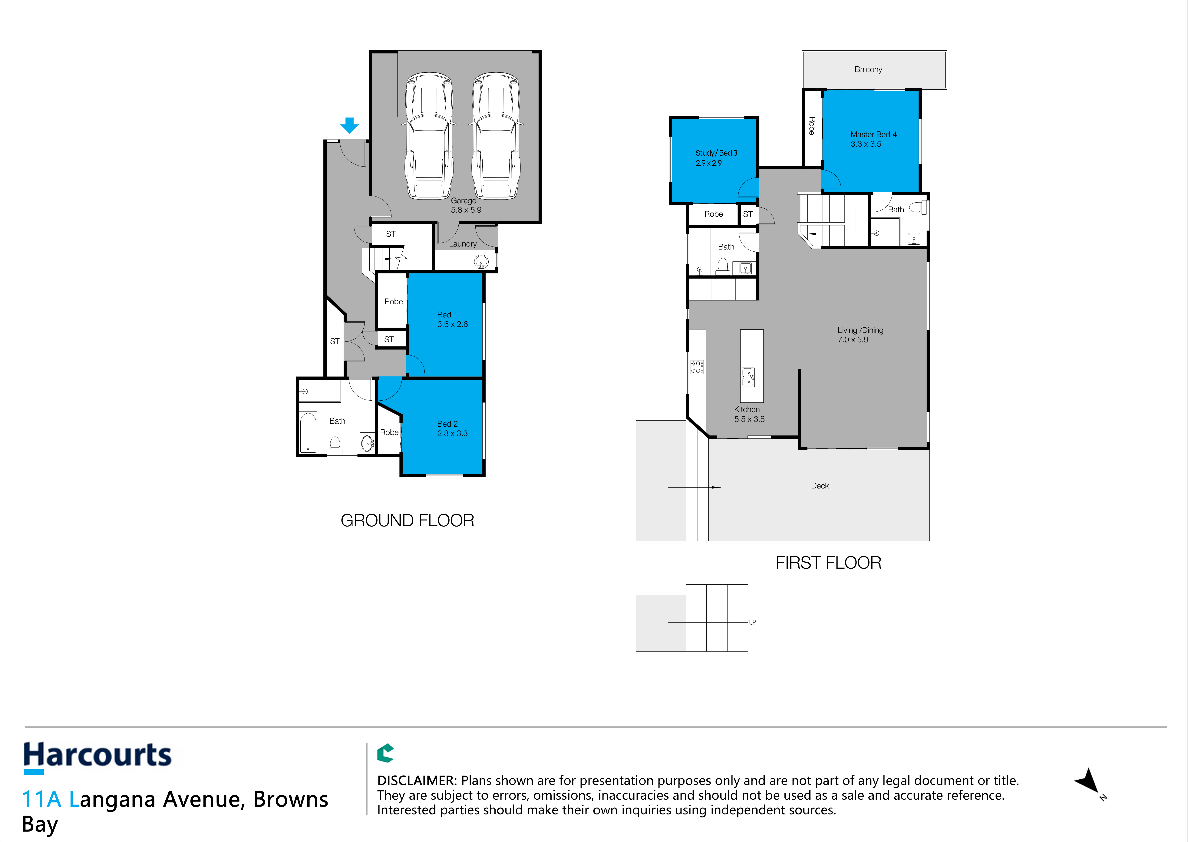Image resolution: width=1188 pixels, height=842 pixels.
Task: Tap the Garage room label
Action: tap(463, 201)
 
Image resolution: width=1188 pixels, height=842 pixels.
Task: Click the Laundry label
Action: tap(463, 244)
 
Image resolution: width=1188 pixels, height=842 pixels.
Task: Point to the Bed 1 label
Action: tap(447, 315)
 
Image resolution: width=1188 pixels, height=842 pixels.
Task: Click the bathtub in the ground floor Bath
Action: tap(308, 432)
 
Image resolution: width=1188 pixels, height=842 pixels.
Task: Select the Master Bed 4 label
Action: tap(873, 134)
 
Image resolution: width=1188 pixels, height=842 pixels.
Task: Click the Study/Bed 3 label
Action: tap(716, 153)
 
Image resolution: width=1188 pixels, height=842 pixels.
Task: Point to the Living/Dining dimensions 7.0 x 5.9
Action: tap(853, 340)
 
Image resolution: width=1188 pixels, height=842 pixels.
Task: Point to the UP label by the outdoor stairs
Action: tap(752, 622)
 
